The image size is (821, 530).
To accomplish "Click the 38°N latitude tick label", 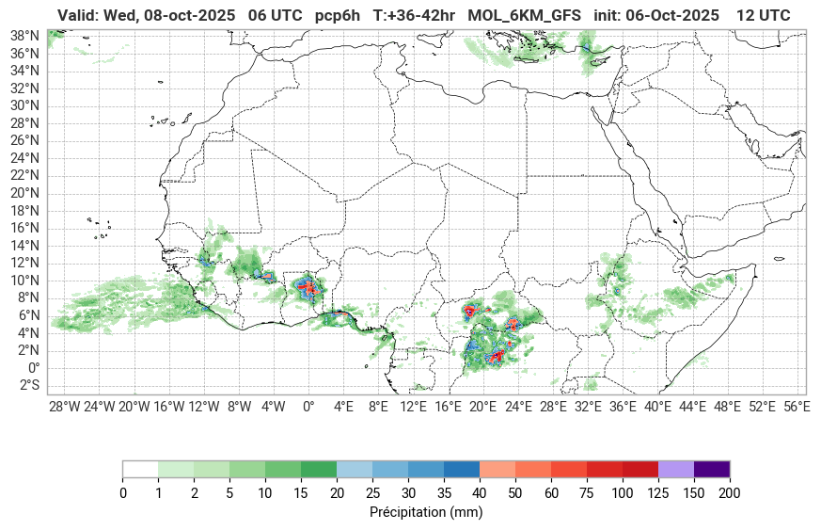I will click(x=24, y=35).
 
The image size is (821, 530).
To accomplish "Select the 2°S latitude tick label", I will click(x=26, y=385).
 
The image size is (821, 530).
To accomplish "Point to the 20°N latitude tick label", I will click(x=24, y=192).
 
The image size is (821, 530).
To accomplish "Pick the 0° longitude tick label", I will click(x=308, y=407).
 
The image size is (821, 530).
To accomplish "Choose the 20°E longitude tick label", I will click(x=482, y=407).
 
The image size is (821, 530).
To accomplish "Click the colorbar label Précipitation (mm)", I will click(x=426, y=512).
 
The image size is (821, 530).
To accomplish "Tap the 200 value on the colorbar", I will click(x=730, y=492).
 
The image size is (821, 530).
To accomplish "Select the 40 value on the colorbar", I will click(x=480, y=492).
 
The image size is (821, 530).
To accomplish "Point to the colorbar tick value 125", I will click(x=658, y=492).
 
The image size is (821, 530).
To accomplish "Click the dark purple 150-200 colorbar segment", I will click(x=712, y=469).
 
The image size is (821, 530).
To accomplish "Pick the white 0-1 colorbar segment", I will click(x=140, y=469).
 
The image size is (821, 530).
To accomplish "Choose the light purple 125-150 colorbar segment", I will click(x=676, y=469).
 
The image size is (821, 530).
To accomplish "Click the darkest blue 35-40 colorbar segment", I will click(x=462, y=469).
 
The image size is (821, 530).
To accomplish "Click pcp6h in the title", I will click(x=338, y=16).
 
